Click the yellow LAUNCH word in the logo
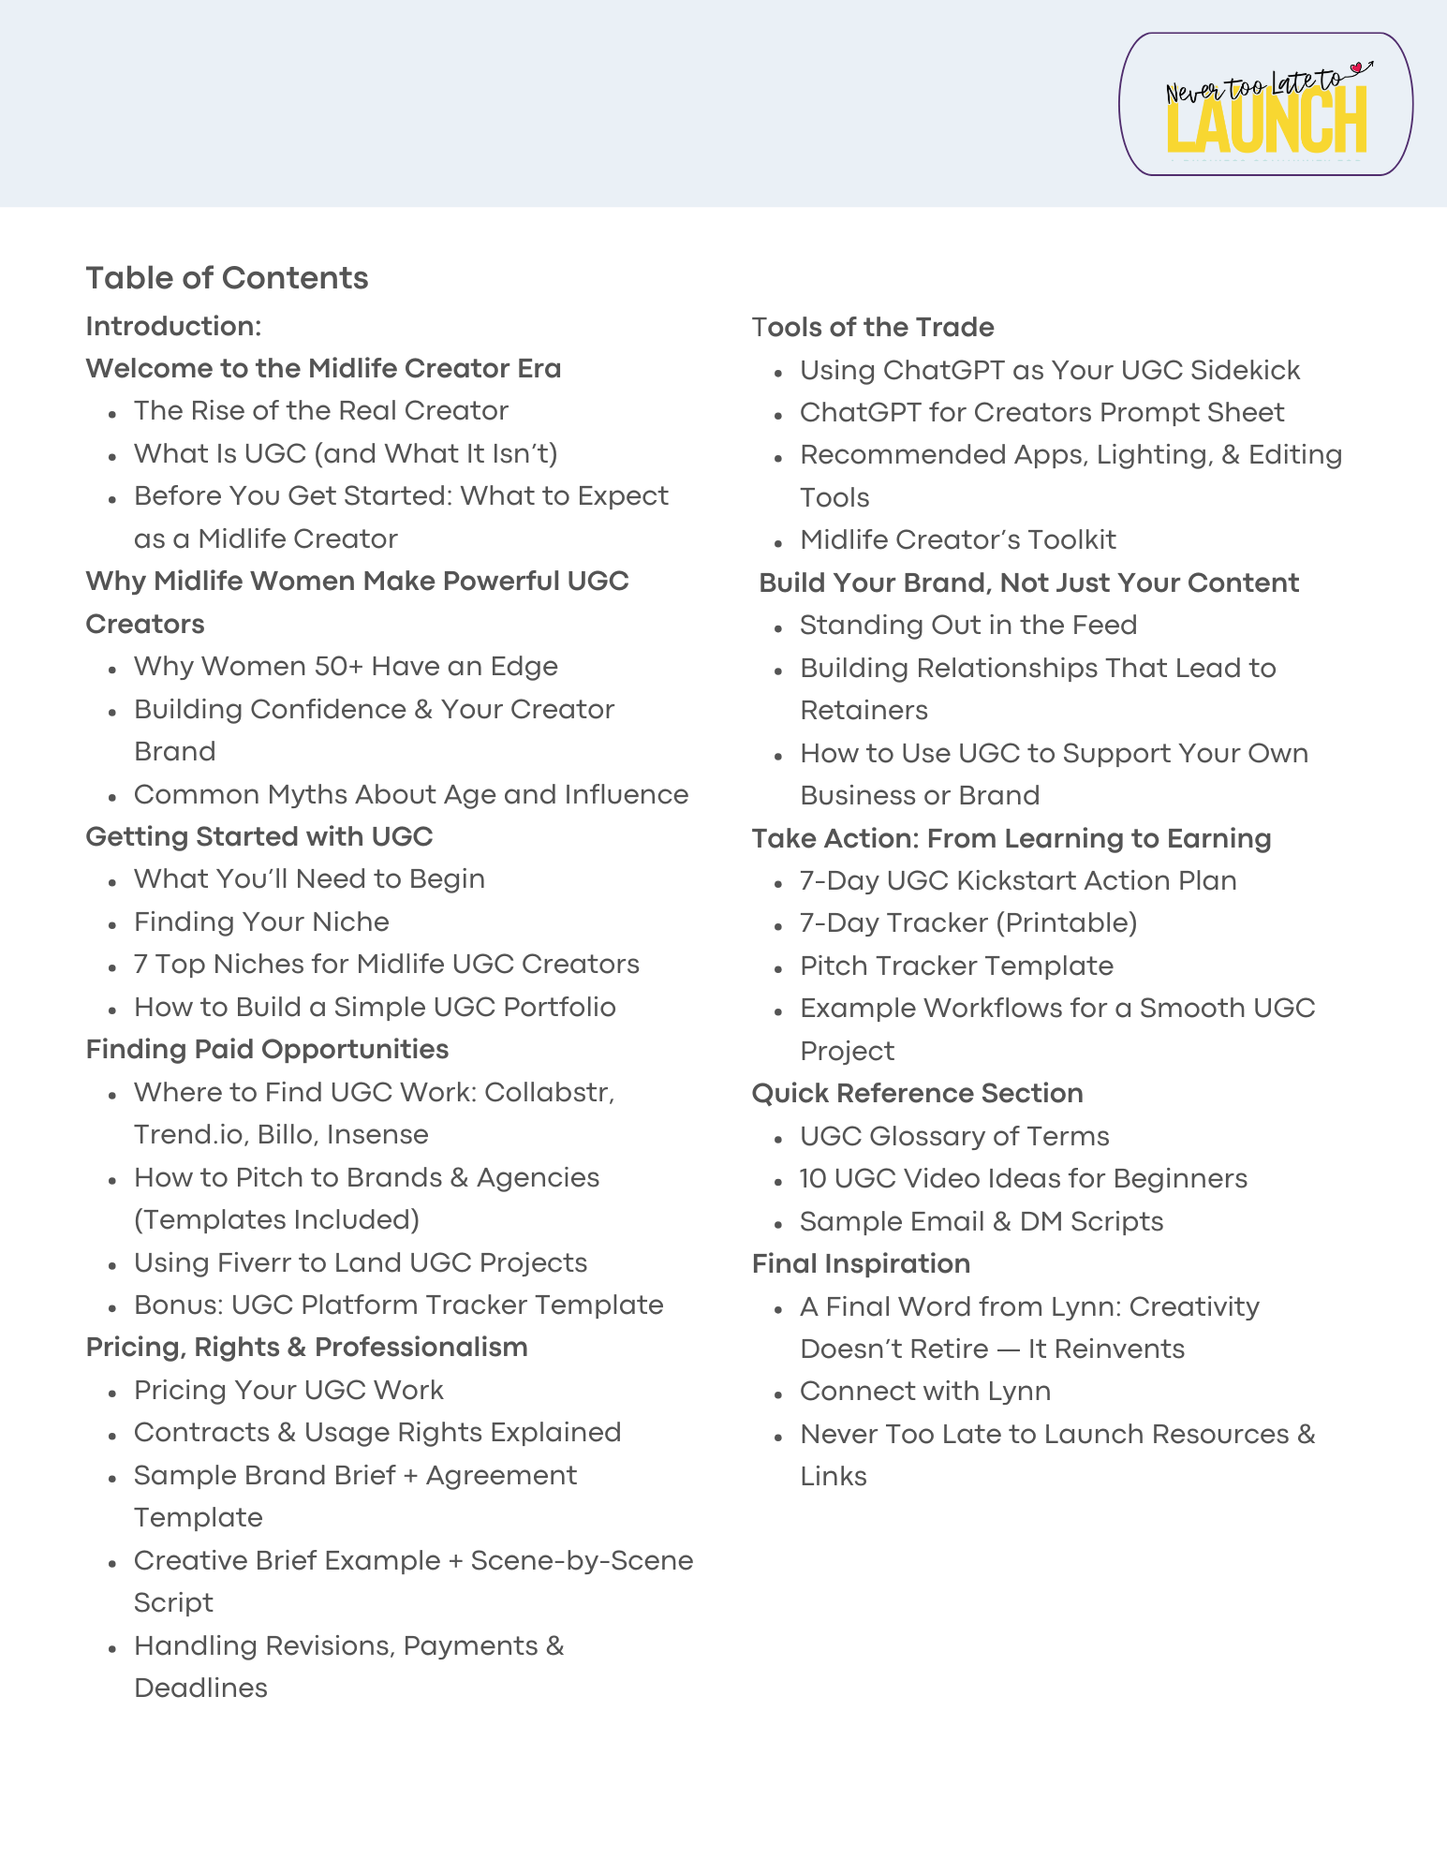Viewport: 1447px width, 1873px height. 1266,122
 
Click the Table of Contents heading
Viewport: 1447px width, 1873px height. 227,278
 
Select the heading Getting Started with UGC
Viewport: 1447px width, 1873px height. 259,836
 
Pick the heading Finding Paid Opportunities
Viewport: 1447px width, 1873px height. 267,1049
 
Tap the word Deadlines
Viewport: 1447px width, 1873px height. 200,1688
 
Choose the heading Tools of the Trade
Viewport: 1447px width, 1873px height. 873,327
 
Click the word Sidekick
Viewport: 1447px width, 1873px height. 1245,370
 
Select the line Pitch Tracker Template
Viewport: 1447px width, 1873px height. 956,966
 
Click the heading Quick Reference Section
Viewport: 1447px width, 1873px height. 917,1093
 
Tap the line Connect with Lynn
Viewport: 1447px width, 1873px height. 924,1391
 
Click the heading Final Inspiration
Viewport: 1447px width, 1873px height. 861,1263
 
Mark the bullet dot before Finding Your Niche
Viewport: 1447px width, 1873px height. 112,923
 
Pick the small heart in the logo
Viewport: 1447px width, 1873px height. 1355,67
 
